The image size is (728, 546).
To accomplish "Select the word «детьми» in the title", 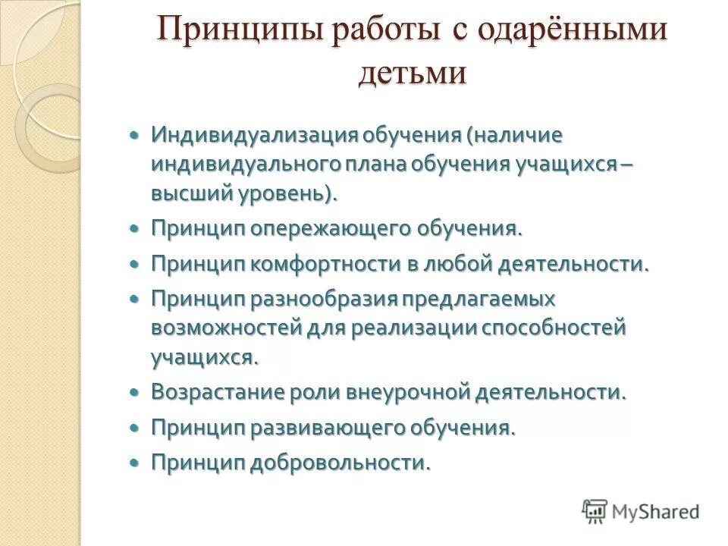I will click(412, 74).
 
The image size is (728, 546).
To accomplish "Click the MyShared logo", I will click(640, 510).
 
